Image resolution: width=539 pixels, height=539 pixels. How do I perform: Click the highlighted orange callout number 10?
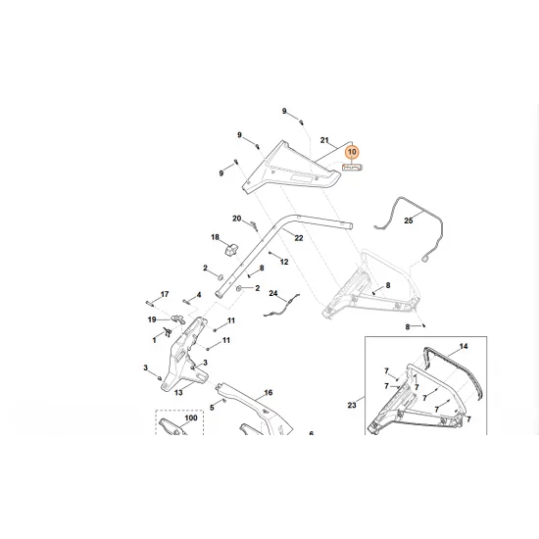[x=353, y=153]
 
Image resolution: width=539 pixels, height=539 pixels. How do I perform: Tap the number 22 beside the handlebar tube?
[x=299, y=238]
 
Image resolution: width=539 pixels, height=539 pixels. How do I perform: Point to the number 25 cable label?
[x=409, y=221]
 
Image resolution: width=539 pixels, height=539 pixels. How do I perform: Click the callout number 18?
[x=216, y=237]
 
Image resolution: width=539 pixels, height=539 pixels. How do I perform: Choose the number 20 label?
[x=236, y=218]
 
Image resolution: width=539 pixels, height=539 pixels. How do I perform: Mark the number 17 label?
[x=165, y=294]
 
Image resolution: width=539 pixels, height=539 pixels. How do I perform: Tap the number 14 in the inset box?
[x=464, y=347]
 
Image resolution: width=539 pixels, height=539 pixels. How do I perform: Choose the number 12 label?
[x=284, y=262]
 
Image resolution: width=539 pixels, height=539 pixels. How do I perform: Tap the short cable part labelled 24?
[x=278, y=311]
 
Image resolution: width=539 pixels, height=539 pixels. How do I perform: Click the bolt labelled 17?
[x=154, y=302]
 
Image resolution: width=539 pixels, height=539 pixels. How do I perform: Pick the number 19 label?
[x=152, y=319]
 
